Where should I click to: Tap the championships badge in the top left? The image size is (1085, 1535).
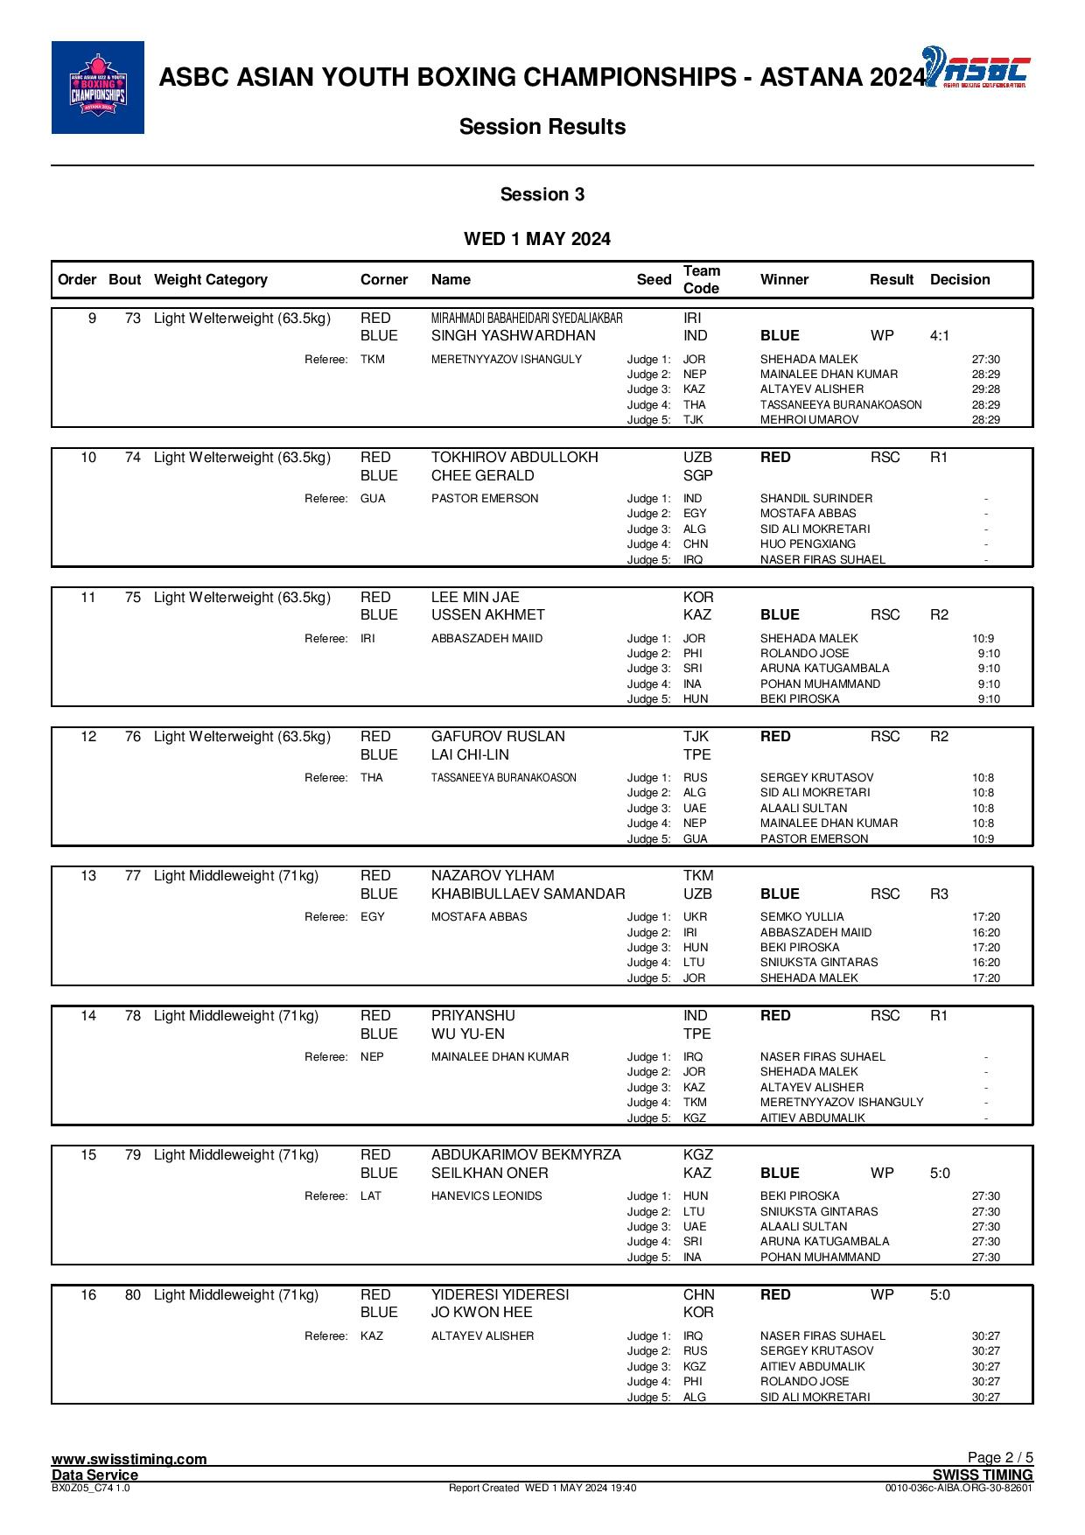coord(98,88)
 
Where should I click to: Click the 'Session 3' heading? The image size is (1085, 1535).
coord(542,194)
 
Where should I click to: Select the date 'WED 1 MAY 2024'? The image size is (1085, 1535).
coord(536,239)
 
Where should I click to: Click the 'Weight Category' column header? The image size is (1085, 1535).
coord(210,280)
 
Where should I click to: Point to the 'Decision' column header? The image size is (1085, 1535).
coord(960,280)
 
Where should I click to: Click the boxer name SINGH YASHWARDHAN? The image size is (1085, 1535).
coord(513,336)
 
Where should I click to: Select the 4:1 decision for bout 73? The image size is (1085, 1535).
coord(940,336)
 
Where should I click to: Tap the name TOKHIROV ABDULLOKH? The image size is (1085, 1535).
coord(514,458)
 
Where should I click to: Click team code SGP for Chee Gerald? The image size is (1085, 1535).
coord(697,476)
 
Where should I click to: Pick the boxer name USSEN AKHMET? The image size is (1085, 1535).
coord(487,615)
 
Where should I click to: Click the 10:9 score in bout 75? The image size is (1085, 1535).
coord(983,639)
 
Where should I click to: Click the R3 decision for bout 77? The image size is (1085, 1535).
coord(939,894)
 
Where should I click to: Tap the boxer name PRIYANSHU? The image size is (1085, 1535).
coord(472,1016)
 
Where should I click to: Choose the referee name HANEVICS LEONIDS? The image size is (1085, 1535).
coord(486,1196)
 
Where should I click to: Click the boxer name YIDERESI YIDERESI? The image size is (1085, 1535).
coord(500,1295)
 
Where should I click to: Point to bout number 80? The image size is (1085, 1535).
coord(133,1295)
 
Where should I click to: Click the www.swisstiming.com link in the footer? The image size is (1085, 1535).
coord(129,1459)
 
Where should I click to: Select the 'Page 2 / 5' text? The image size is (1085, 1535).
coord(1000,1458)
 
